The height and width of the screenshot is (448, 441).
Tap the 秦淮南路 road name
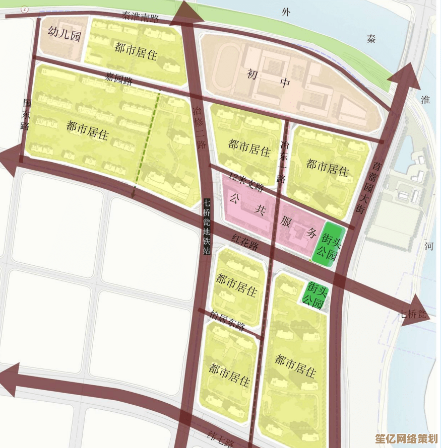pos(140,17)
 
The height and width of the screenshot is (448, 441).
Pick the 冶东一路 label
pos(284,161)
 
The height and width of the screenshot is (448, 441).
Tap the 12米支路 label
pos(246,182)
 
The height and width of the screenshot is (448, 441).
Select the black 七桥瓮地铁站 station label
pos(207,227)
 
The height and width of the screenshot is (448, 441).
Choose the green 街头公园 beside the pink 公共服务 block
pos(326,242)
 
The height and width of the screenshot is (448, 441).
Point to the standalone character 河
pos(429,246)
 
